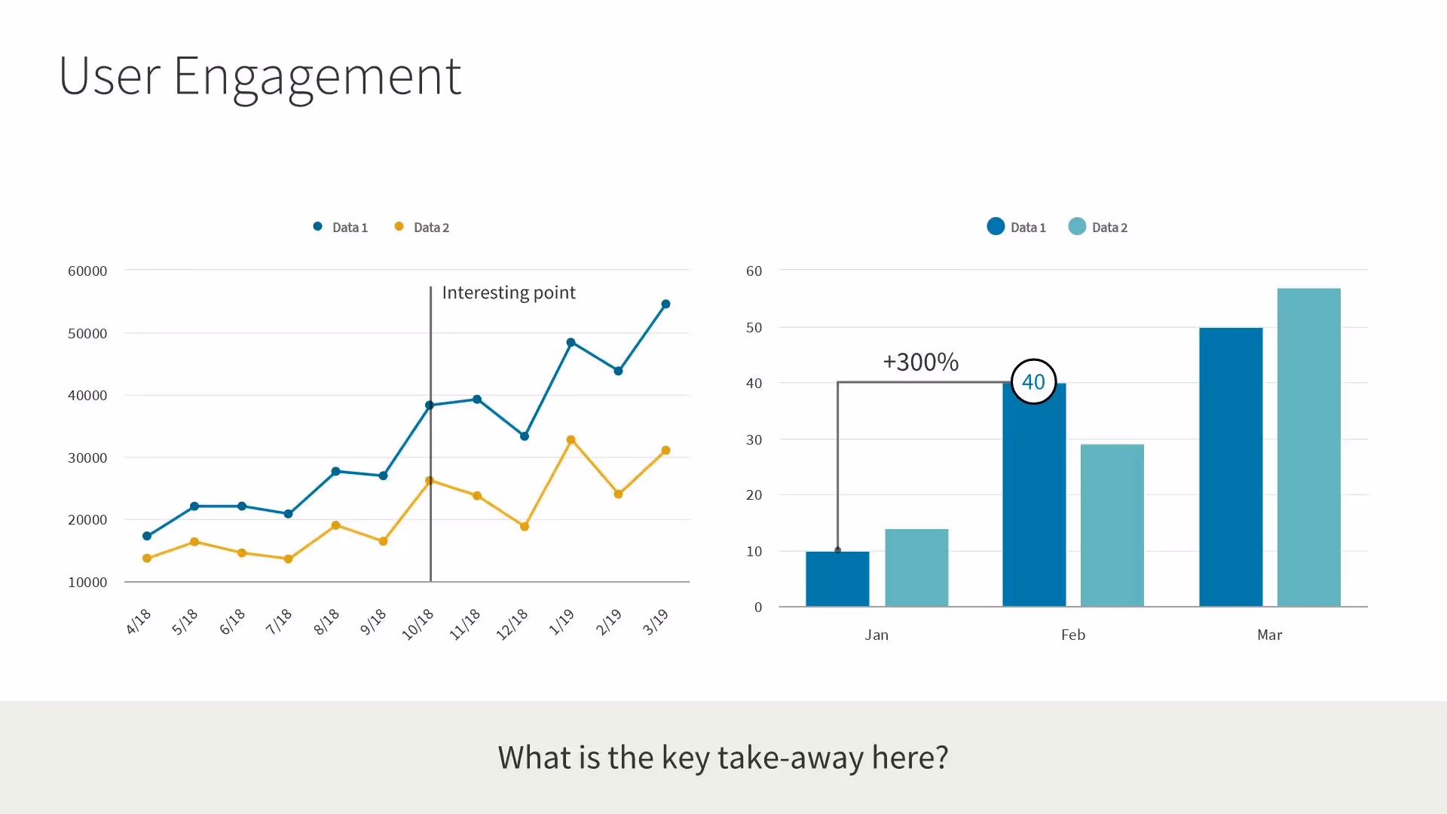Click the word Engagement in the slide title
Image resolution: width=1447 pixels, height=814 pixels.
[317, 77]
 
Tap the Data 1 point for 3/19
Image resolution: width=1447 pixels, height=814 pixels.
[665, 304]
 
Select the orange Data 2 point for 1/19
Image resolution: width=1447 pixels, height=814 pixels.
[571, 440]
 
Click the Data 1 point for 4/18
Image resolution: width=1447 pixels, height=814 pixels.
[147, 536]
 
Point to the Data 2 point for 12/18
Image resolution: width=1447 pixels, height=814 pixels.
[525, 527]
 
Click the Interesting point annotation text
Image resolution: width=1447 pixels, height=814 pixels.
[509, 292]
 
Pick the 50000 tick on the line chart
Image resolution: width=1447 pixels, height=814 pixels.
[87, 333]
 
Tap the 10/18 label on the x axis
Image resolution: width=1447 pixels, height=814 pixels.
[418, 624]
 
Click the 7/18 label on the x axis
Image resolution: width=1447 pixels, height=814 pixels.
[279, 622]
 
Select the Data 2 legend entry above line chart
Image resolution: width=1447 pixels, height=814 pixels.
[422, 228]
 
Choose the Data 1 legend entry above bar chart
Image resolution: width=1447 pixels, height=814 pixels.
[1017, 228]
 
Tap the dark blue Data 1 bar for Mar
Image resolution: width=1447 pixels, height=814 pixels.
[1231, 467]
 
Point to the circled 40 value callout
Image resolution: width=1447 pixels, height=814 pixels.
[1033, 381]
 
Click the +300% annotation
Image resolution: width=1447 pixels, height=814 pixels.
[920, 362]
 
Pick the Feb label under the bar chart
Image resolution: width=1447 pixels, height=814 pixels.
[1073, 635]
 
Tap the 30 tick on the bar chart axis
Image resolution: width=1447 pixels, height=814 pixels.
[754, 439]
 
